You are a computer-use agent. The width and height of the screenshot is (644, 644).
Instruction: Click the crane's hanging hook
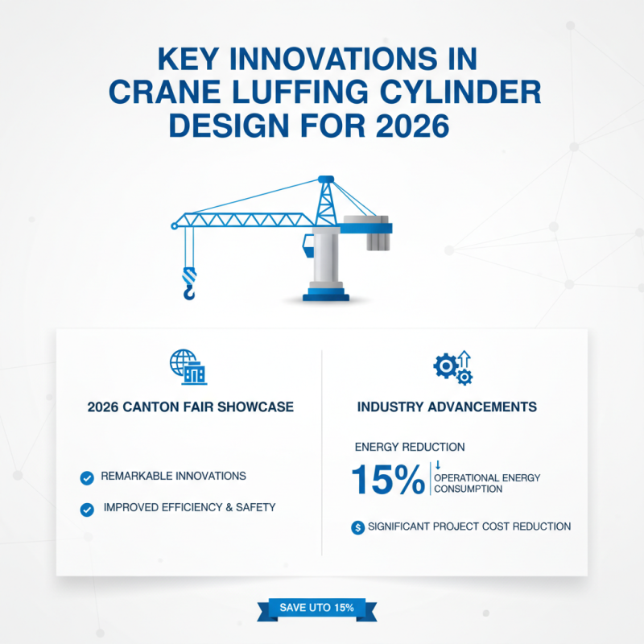click(189, 283)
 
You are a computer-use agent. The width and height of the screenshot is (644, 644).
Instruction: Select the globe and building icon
click(188, 367)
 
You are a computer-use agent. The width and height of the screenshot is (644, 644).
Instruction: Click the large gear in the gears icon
click(445, 365)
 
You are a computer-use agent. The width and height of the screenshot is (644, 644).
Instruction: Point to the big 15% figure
click(388, 479)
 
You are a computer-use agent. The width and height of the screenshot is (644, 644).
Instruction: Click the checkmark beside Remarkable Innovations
click(87, 478)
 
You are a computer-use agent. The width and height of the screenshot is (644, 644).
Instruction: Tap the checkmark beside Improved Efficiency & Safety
click(87, 510)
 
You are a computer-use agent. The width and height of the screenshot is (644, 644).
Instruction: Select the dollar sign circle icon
click(357, 527)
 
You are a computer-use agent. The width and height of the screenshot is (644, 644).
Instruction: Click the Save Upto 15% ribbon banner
click(316, 609)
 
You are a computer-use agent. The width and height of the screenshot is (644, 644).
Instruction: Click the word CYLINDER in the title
click(460, 92)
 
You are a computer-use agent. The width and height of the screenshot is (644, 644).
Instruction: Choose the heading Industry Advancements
click(447, 407)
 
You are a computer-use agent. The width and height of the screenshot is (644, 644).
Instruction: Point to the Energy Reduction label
click(410, 447)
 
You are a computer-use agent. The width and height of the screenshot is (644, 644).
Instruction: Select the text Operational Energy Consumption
click(487, 484)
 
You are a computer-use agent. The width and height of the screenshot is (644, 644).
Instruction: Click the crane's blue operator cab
click(308, 246)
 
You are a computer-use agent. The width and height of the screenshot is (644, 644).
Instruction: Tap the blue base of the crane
click(326, 295)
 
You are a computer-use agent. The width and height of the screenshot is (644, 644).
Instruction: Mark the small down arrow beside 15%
click(438, 465)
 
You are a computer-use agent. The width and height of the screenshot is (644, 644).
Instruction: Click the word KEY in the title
click(188, 59)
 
